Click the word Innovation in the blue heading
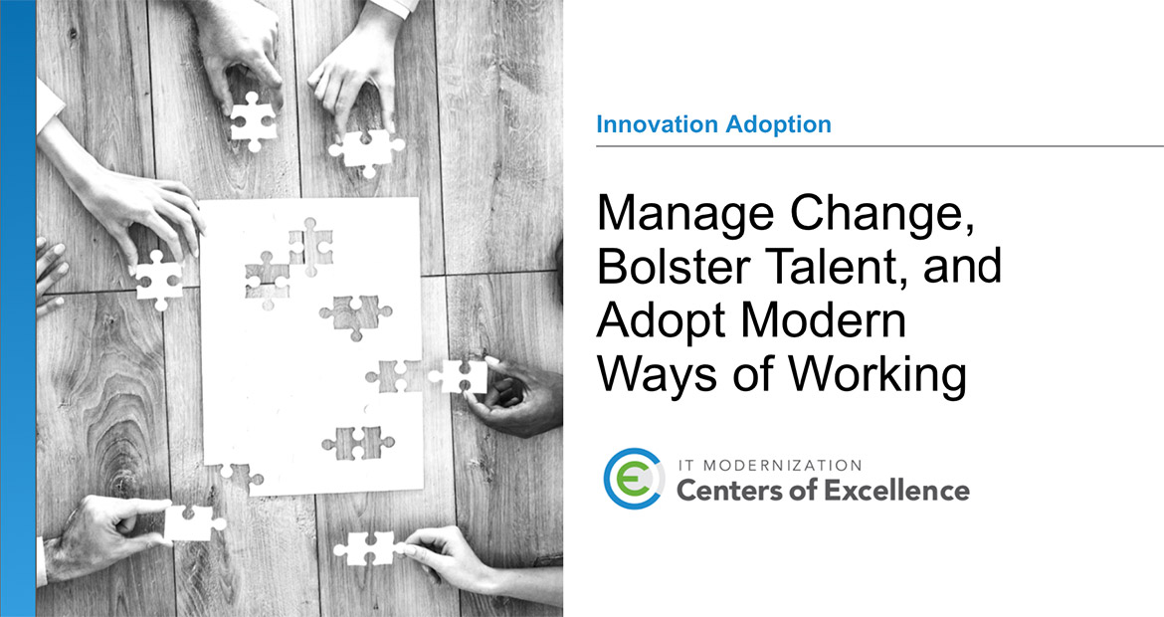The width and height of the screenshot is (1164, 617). coord(655,125)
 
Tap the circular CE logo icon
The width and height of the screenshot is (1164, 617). coord(634,480)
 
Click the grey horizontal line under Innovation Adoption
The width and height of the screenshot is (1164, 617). coord(879,146)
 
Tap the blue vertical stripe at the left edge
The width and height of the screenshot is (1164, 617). coord(18,308)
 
